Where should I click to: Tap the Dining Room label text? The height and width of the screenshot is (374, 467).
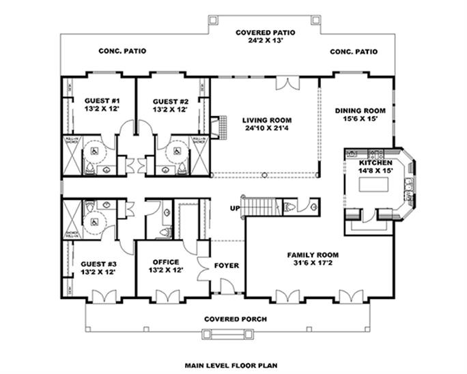click(x=360, y=111)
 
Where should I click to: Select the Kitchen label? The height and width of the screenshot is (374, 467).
click(x=375, y=164)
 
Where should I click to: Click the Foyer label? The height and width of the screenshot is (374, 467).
click(x=227, y=265)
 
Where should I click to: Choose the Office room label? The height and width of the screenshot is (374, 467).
click(x=166, y=262)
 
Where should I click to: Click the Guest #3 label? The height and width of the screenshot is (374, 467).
click(x=97, y=263)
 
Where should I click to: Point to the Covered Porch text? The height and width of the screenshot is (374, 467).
click(x=236, y=319)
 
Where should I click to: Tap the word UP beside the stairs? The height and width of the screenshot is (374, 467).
click(x=235, y=207)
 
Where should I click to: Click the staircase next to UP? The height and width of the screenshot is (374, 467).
click(x=262, y=205)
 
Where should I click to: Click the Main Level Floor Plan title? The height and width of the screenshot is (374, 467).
click(x=235, y=365)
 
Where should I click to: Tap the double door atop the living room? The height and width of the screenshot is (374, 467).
click(x=287, y=83)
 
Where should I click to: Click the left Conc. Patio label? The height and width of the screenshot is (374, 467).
click(x=122, y=51)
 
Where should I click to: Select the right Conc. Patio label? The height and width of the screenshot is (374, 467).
click(x=353, y=51)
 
